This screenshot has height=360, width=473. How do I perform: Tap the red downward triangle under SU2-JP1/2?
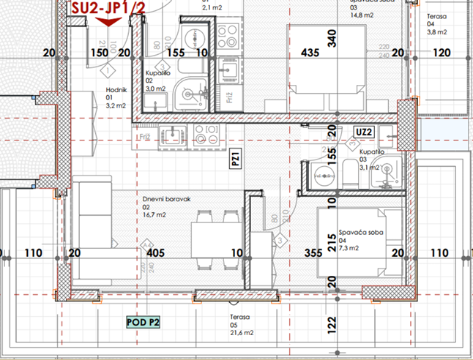(x=108, y=23)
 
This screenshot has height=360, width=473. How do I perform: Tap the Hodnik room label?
(x=117, y=91)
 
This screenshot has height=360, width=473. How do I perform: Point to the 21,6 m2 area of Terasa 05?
(x=241, y=332)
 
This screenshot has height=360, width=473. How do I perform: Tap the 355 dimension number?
(x=313, y=253)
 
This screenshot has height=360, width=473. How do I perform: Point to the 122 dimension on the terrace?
(x=332, y=321)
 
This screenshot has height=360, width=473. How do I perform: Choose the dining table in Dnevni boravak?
(x=216, y=238)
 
